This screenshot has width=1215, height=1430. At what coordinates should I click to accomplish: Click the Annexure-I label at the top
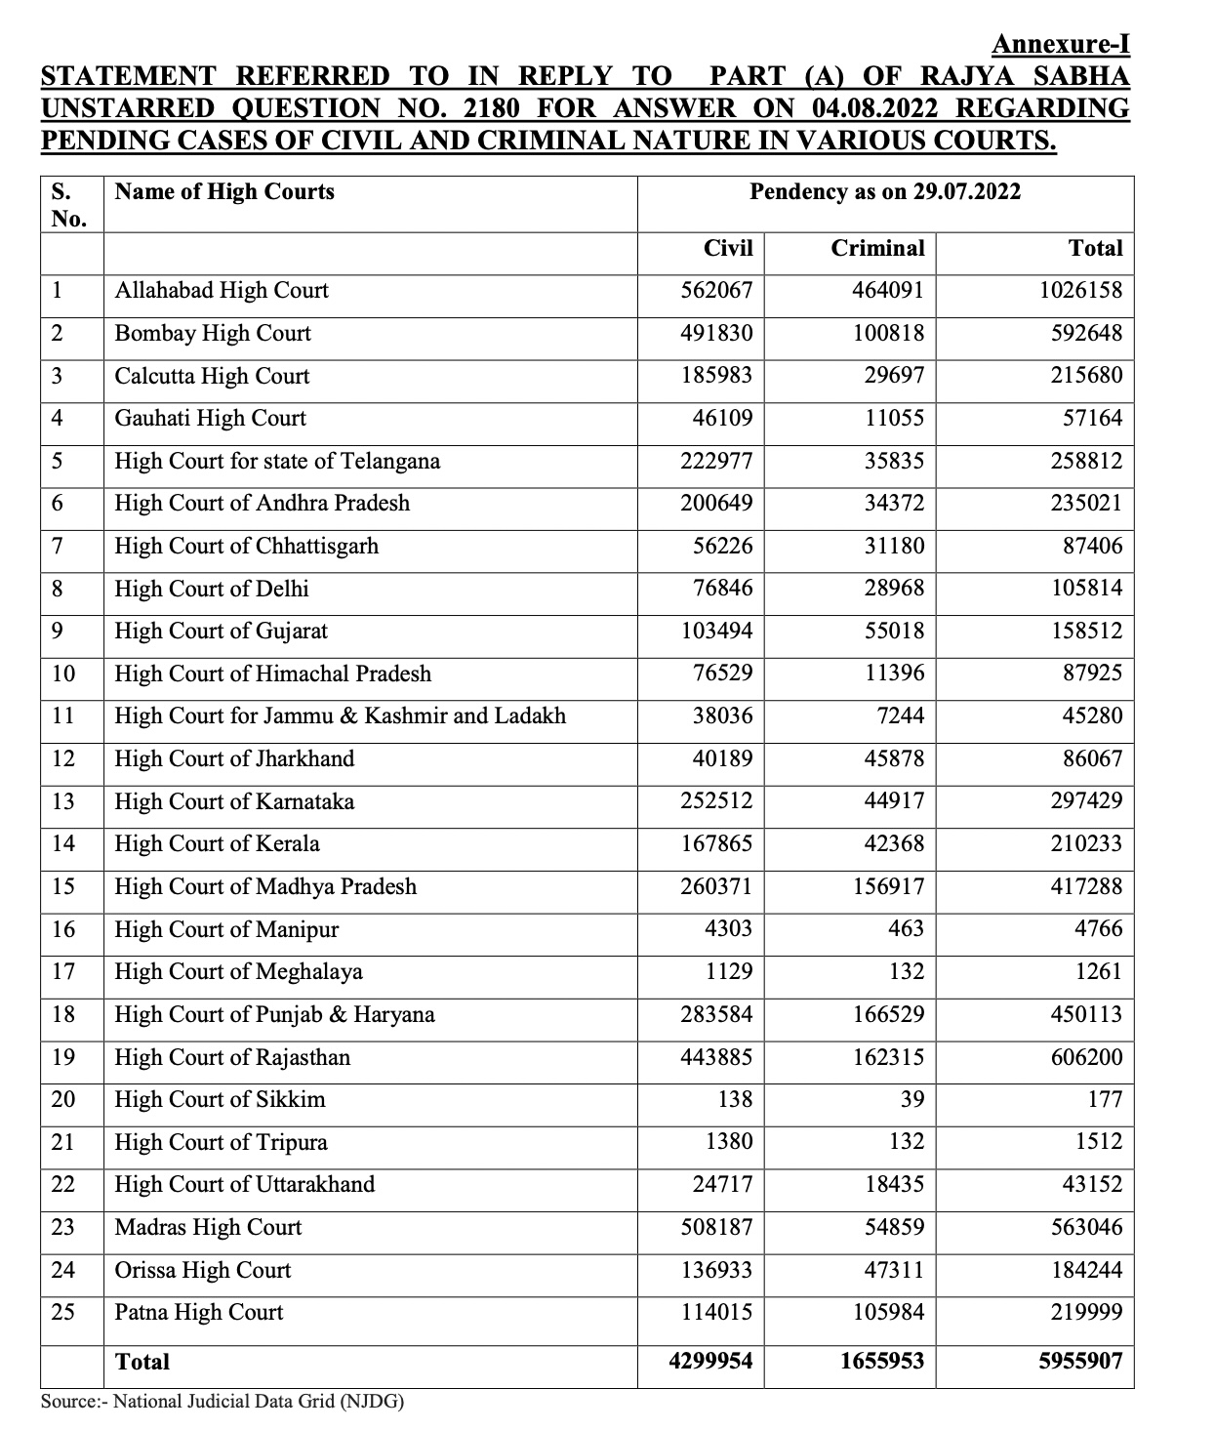pyautogui.click(x=1060, y=44)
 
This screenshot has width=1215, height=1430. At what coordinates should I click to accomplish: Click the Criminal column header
pyautogui.click(x=877, y=249)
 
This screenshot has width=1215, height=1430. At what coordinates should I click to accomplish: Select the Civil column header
pyautogui.click(x=728, y=249)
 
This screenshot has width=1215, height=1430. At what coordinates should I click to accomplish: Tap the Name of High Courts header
pyautogui.click(x=224, y=192)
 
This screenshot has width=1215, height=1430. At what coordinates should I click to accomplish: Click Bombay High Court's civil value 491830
pyautogui.click(x=716, y=334)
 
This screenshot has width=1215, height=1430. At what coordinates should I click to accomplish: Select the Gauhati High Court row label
pyautogui.click(x=210, y=419)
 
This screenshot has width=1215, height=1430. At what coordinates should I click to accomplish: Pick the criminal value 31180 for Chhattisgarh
pyautogui.click(x=894, y=546)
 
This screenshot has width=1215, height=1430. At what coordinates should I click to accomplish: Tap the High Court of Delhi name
pyautogui.click(x=212, y=589)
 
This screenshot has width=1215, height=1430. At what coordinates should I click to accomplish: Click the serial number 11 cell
pyautogui.click(x=63, y=716)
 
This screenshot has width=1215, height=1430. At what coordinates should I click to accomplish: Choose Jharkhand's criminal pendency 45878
pyautogui.click(x=894, y=758)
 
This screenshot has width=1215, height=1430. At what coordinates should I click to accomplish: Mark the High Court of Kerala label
pyautogui.click(x=217, y=844)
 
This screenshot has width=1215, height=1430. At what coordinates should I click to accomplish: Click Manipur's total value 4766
pyautogui.click(x=1098, y=929)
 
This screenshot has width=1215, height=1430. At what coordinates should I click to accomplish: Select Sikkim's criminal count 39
pyautogui.click(x=911, y=1100)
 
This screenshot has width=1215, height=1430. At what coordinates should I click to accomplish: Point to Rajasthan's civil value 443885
pyautogui.click(x=716, y=1057)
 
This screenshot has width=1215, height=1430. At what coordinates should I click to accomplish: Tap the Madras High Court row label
pyautogui.click(x=208, y=1228)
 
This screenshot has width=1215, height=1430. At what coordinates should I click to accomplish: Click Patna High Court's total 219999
pyautogui.click(x=1086, y=1313)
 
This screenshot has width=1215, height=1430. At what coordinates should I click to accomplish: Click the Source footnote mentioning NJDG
pyautogui.click(x=223, y=1402)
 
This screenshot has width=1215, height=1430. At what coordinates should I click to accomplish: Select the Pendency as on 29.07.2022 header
pyautogui.click(x=884, y=192)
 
